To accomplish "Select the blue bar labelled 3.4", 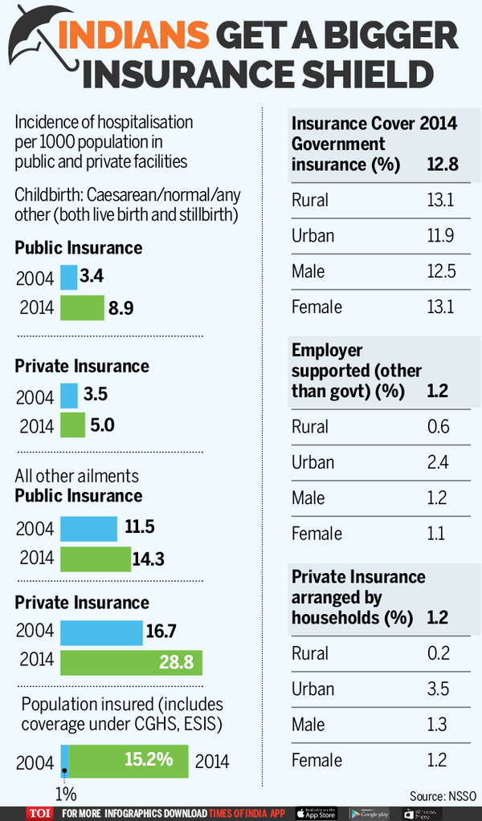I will pyautogui.click(x=68, y=278).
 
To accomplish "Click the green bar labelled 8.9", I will pyautogui.click(x=82, y=307).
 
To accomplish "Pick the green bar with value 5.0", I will pyautogui.click(x=72, y=425).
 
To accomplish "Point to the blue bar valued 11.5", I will pyautogui.click(x=88, y=528).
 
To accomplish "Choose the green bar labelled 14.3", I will pyautogui.click(x=95, y=559).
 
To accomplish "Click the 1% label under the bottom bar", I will pyautogui.click(x=66, y=794).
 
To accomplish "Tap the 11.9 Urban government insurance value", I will pyautogui.click(x=441, y=236).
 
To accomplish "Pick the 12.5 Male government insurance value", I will pyautogui.click(x=441, y=271).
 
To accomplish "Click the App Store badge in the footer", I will pyautogui.click(x=316, y=812).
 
